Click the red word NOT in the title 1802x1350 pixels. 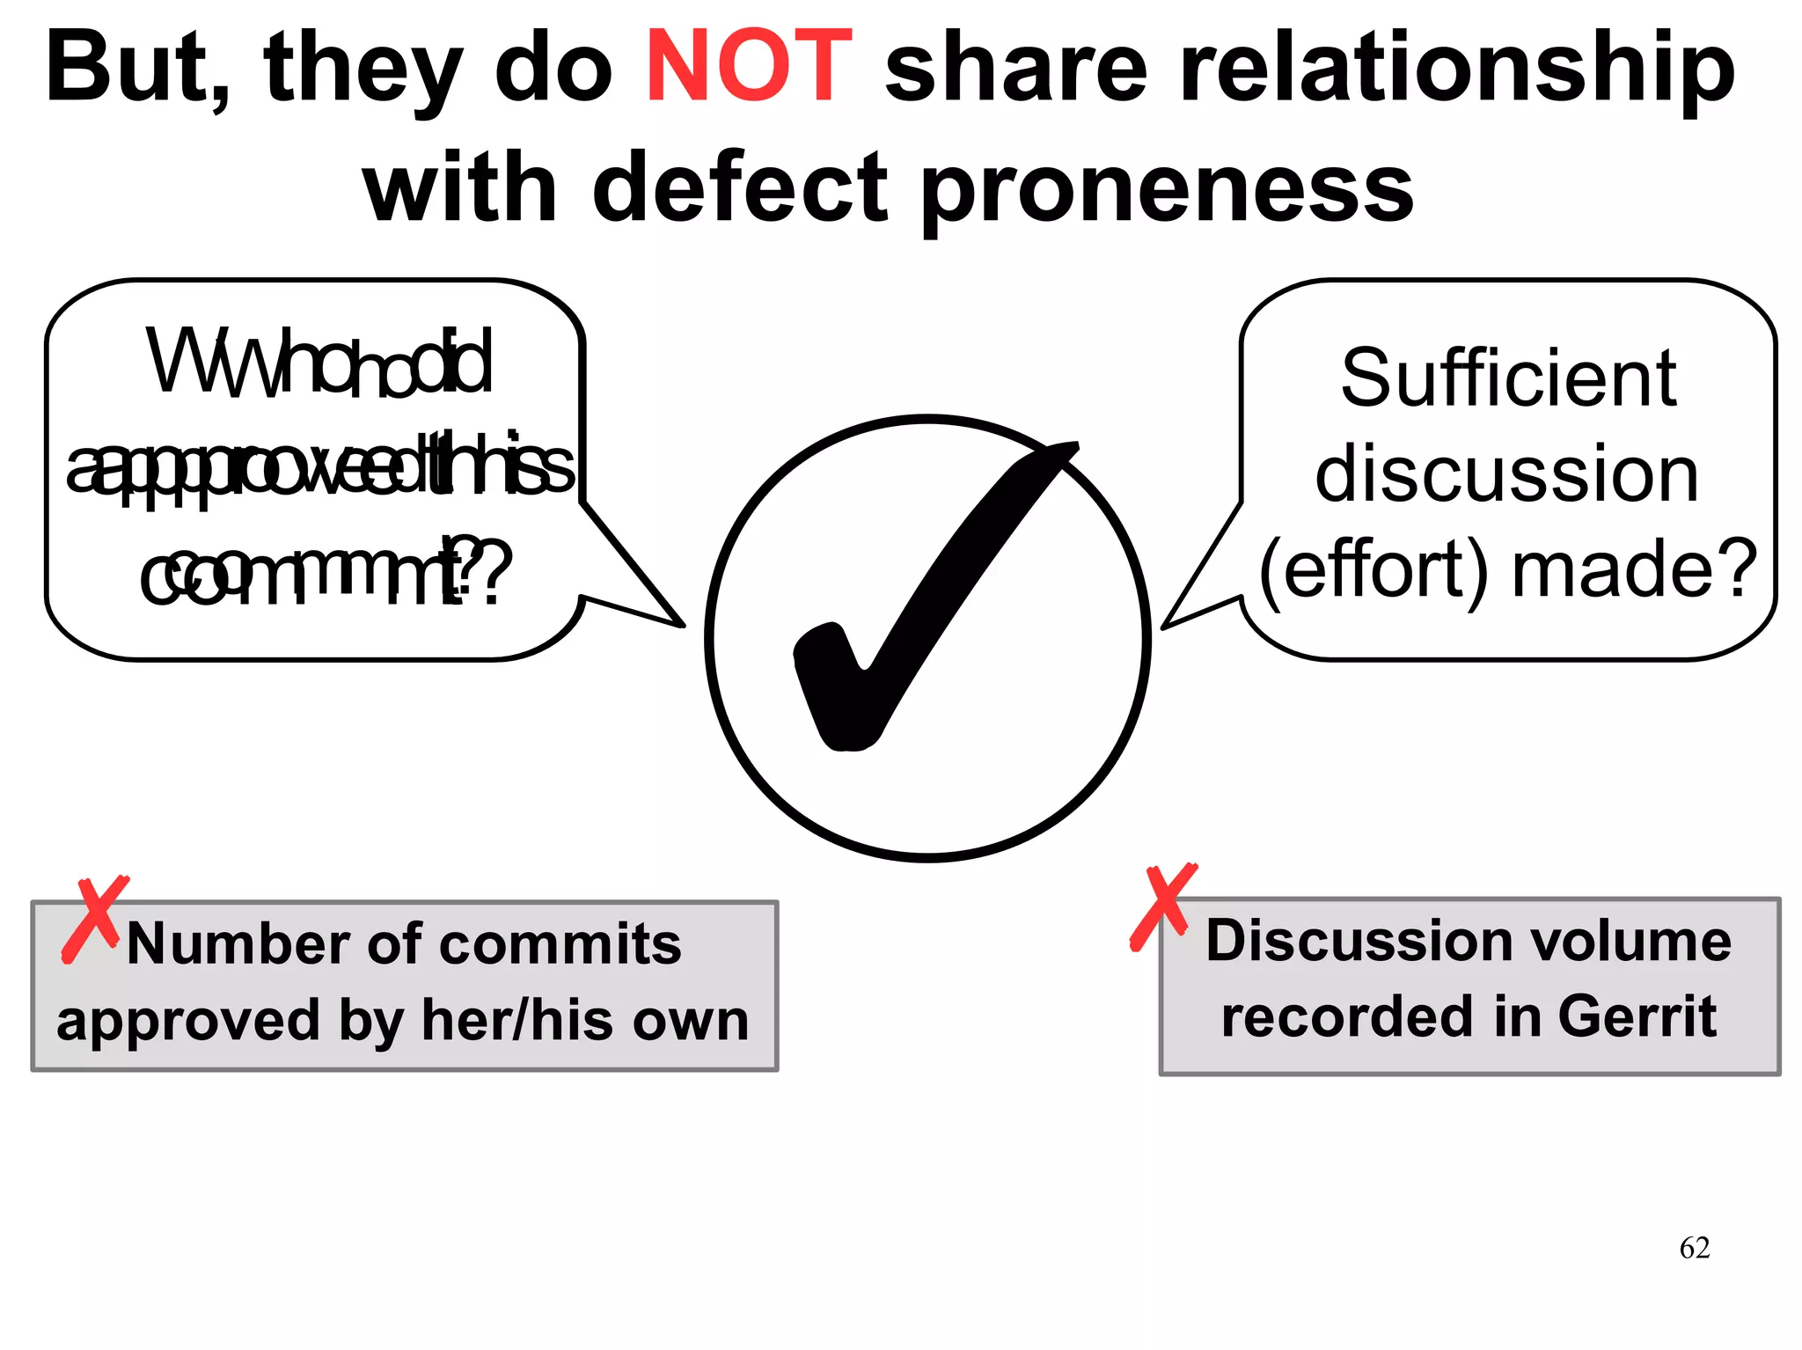tap(748, 67)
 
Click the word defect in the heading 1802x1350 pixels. tap(739, 187)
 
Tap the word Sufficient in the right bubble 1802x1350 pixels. tap(1508, 378)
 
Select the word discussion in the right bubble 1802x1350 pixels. tap(1506, 475)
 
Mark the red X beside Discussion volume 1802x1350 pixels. tap(1162, 906)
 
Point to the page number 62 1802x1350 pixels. tap(1694, 1248)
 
